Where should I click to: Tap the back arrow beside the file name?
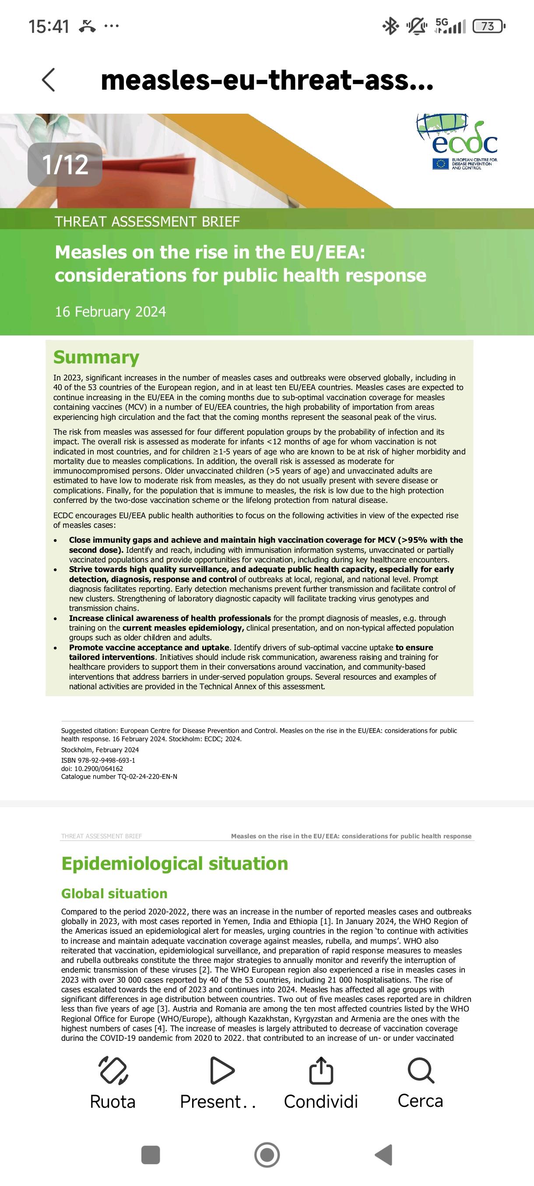coord(49,80)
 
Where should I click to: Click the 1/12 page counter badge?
coord(65,164)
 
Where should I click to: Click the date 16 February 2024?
coord(110,312)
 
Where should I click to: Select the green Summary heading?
coord(96,357)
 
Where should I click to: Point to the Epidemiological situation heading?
coord(175,863)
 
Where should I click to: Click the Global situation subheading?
coord(114,893)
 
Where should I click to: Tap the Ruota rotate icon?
coord(113,1071)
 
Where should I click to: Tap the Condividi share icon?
coord(321,1071)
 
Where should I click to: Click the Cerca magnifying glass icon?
coord(421,1071)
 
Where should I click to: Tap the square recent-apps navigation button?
coord(151,1155)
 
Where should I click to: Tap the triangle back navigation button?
coord(383,1155)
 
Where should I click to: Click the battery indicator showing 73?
coord(489,27)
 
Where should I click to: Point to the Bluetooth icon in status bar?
coord(391,27)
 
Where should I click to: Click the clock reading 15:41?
coord(49,27)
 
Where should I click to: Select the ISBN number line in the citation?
coord(98,760)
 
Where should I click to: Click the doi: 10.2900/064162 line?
coord(92,768)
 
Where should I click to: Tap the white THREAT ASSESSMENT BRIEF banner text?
coord(148,221)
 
